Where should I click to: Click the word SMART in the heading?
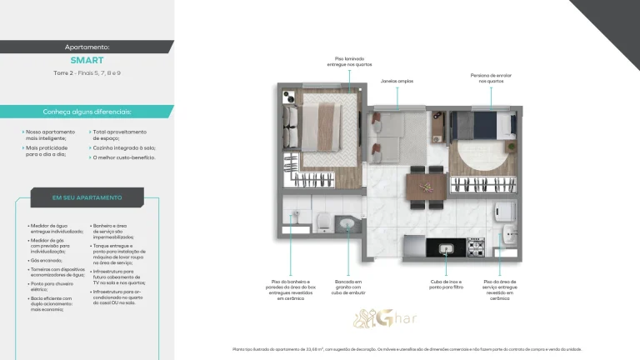pyautogui.click(x=87, y=61)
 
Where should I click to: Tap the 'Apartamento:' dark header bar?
pyautogui.click(x=87, y=47)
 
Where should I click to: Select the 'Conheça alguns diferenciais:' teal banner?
pyautogui.click(x=87, y=112)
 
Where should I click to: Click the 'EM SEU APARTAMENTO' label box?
pyautogui.click(x=87, y=197)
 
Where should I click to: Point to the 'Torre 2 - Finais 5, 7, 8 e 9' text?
pyautogui.click(x=87, y=74)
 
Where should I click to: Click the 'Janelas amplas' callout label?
pyautogui.click(x=397, y=82)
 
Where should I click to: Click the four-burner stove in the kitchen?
pyautogui.click(x=475, y=247)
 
